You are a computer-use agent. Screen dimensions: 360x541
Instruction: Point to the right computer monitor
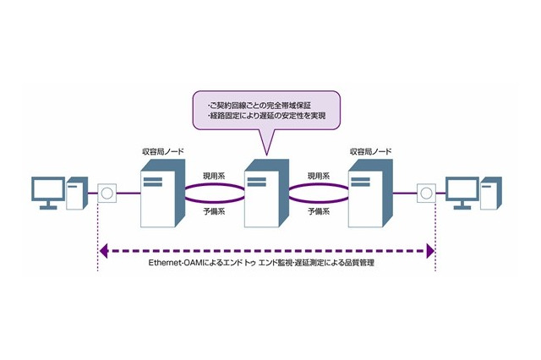point(462,192)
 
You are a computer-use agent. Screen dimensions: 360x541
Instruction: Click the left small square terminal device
point(107,194)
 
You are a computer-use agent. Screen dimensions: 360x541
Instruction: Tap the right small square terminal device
point(425,194)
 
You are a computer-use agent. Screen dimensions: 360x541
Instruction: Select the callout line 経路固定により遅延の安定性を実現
point(266,116)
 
